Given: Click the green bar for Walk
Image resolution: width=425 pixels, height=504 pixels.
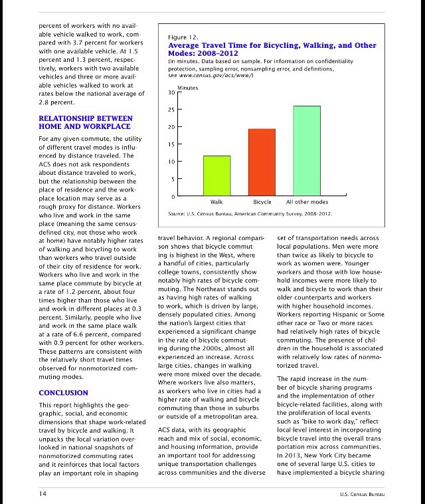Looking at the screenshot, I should click(216, 175).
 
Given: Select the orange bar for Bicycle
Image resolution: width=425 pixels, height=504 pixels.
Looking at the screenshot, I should click(262, 162).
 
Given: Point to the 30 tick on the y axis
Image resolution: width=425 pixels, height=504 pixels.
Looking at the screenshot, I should click(171, 92).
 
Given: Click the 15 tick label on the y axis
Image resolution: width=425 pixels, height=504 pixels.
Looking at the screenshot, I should click(171, 144).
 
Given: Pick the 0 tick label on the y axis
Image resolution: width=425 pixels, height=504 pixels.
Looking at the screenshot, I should click(173, 197).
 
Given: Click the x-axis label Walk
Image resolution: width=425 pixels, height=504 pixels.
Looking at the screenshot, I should click(216, 201).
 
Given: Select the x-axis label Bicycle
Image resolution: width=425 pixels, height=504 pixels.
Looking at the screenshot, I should click(262, 201).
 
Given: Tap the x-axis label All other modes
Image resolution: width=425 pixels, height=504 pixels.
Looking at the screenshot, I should click(307, 201).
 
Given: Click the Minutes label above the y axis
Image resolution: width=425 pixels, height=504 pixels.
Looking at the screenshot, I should click(189, 88).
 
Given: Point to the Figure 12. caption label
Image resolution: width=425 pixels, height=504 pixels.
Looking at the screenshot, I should click(182, 37).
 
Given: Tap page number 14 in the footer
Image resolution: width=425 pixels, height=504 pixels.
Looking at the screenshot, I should click(42, 494).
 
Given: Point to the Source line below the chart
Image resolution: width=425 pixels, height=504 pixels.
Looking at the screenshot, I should click(250, 214).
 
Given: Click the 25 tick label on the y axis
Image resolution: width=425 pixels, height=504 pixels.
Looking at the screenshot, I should click(171, 110).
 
